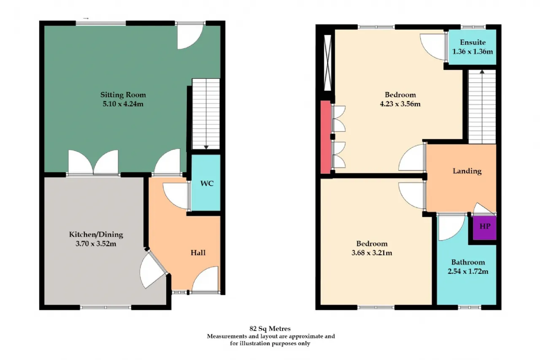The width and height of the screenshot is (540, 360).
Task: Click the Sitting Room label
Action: pos(123,95)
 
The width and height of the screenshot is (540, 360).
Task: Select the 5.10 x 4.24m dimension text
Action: pos(123,104)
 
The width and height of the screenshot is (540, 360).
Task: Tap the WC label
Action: pos(207,184)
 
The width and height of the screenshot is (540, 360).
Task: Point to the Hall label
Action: pos(198,253)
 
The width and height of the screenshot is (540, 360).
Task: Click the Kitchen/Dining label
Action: pos(96,235)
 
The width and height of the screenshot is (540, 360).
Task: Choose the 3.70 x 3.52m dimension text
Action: pos(96,244)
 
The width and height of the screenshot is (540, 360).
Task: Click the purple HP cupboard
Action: pos(485,227)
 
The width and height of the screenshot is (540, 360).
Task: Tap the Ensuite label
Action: pos(472,43)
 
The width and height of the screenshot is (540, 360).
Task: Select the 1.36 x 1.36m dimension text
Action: pos(472,51)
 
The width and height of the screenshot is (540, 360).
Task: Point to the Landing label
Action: pos(467,171)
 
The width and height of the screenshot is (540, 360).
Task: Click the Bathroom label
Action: pos(468,263)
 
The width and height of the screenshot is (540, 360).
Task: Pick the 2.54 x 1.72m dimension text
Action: pos(468,271)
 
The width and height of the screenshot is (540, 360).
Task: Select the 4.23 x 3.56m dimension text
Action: pos(400,104)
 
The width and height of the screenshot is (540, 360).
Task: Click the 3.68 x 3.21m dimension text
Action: pos(372,253)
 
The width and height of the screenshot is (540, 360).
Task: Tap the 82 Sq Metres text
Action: pos(270,329)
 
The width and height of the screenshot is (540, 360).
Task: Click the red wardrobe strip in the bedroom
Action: pos(325,137)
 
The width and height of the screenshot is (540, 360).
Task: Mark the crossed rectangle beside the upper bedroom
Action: pos(328,63)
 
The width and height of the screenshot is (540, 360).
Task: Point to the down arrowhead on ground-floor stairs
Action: pos(206,147)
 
